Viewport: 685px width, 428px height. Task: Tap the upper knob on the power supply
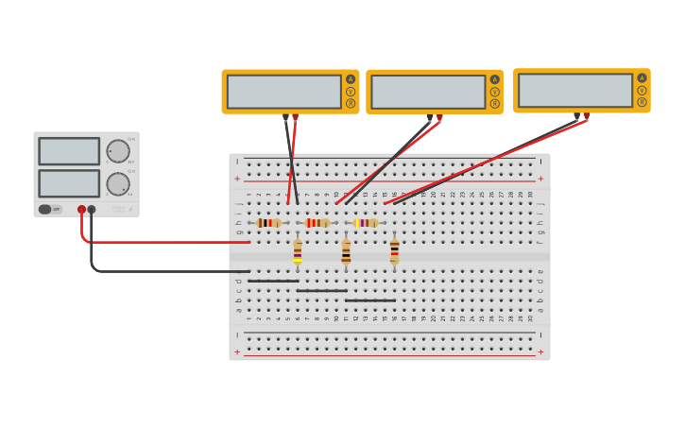coord(118,151)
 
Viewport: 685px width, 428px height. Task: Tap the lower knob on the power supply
coord(118,183)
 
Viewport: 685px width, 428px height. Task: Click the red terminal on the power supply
coord(82,210)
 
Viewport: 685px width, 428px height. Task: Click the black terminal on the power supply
coord(92,210)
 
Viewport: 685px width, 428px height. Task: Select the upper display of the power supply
coord(69,151)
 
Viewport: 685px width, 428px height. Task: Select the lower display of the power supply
coord(69,183)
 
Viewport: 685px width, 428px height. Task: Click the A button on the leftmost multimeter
coord(351,79)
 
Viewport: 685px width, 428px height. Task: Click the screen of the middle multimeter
coord(428,93)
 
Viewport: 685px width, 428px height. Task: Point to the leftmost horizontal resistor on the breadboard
coord(268,223)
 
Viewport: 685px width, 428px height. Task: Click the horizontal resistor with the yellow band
coord(366,223)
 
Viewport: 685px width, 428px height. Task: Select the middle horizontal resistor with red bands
coord(317,223)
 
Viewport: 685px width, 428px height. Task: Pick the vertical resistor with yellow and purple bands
coord(298,252)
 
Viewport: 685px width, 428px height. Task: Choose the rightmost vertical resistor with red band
coord(394,252)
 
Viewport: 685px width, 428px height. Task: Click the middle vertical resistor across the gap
coord(346,252)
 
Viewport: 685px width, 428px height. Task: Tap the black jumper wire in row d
coord(273,281)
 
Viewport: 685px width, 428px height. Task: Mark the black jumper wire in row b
coord(370,300)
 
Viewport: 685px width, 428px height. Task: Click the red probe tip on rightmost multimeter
coord(587,116)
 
